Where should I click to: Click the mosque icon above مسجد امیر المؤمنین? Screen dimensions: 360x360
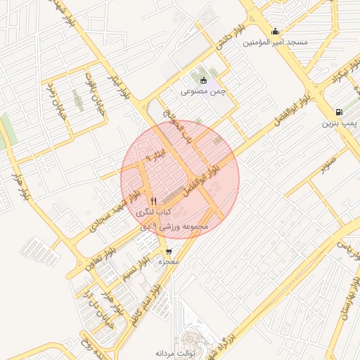click(275, 31)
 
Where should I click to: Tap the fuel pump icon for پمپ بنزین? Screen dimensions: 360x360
click(340, 111)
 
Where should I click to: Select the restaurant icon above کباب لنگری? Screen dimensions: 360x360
click(153, 200)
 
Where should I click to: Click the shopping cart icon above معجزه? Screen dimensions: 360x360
click(169, 251)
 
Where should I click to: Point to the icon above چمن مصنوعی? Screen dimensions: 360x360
click(204, 80)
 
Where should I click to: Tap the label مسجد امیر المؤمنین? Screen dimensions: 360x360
click(276, 43)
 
